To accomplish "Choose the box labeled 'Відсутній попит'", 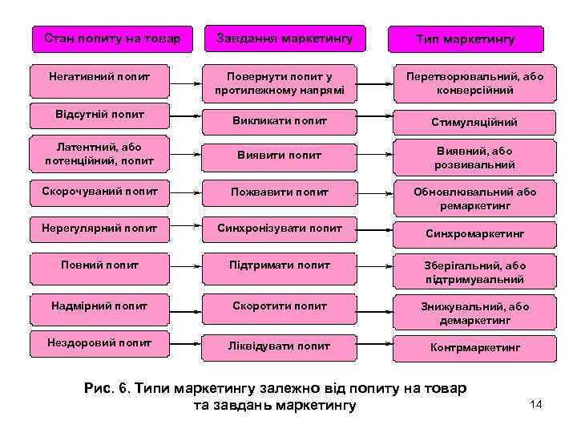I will pyautogui.click(x=100, y=115).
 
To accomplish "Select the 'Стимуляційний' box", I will pyautogui.click(x=474, y=123).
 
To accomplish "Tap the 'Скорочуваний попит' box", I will pyautogui.click(x=100, y=192).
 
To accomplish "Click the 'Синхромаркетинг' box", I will pyautogui.click(x=474, y=234).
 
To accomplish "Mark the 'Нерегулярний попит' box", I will pyautogui.click(x=100, y=229).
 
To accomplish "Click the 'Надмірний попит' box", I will pyautogui.click(x=100, y=306).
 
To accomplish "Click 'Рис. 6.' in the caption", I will pyautogui.click(x=109, y=389).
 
